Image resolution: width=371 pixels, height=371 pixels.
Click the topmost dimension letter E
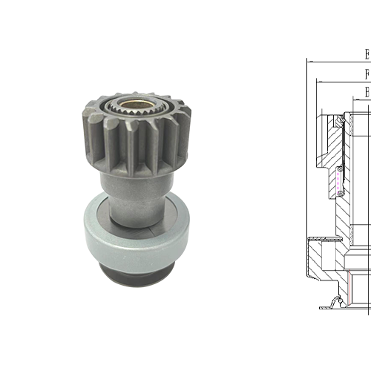coord(367,54)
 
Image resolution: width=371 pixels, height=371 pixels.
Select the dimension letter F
coord(367,73)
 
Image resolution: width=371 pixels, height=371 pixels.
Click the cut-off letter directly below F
coord(367,91)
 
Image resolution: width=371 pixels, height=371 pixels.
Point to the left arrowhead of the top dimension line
coord(309,61)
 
